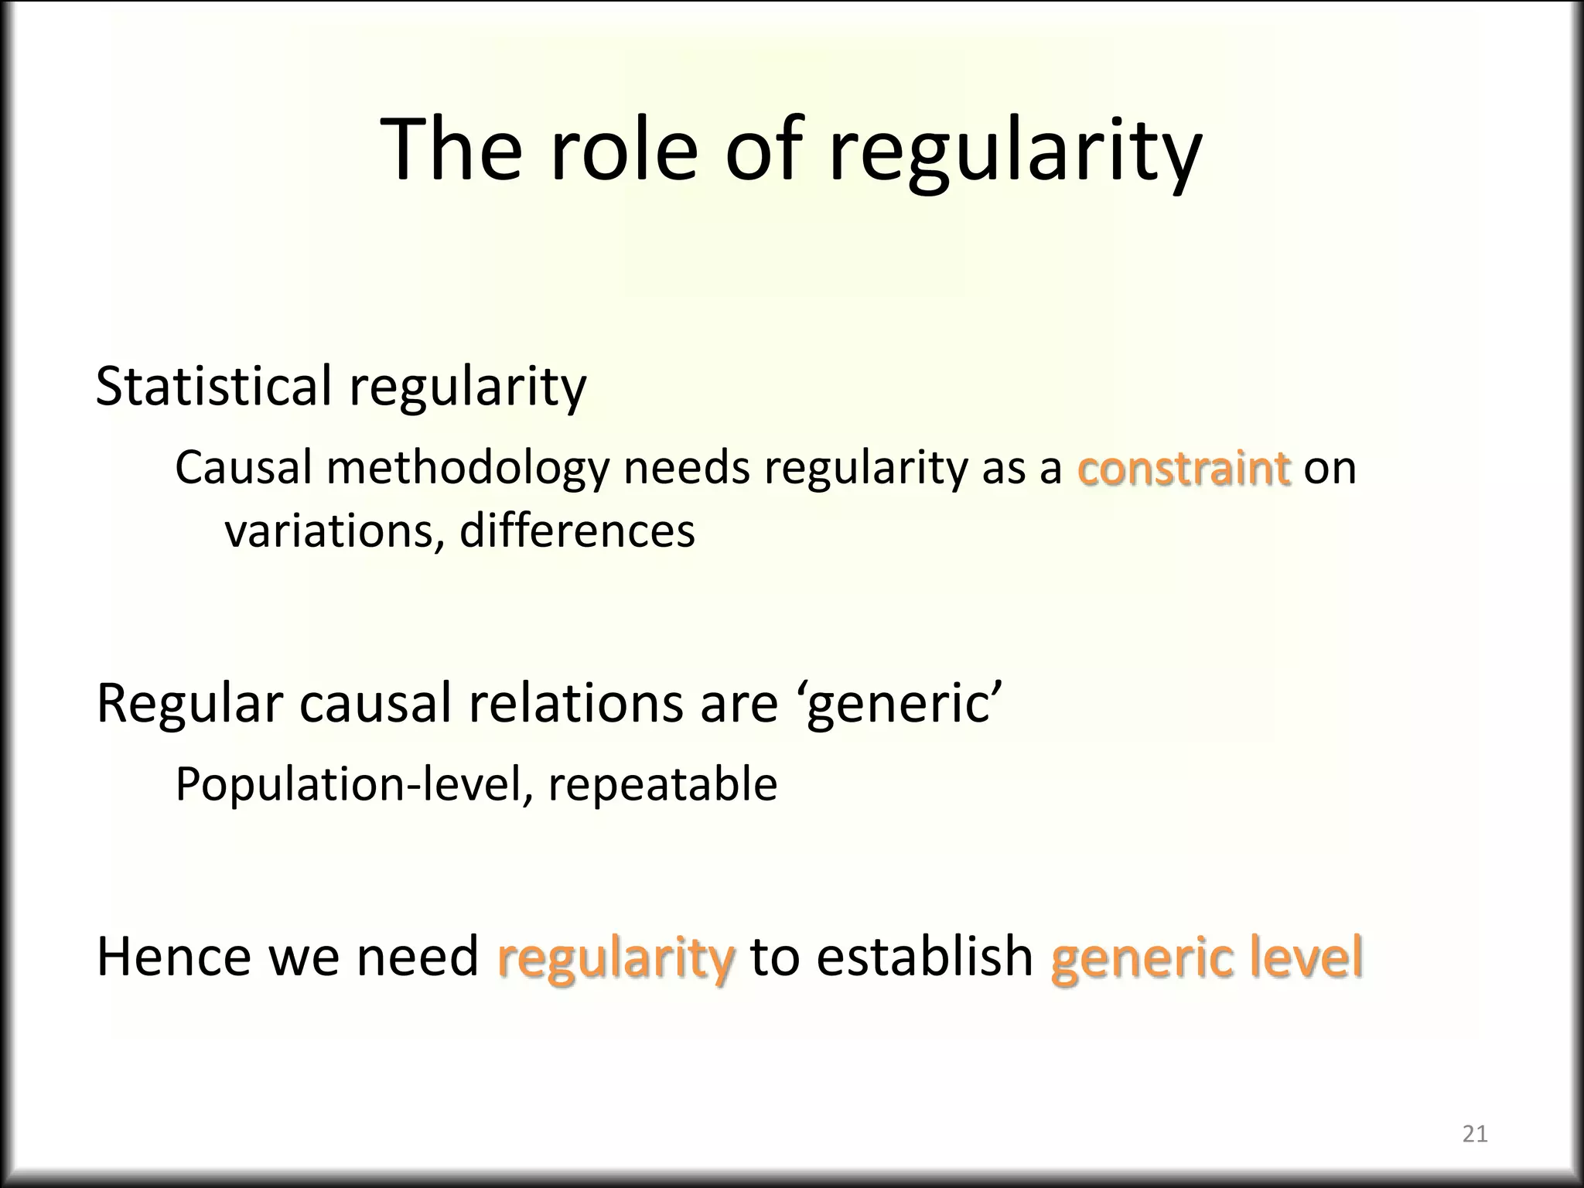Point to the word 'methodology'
pyautogui.click(x=468, y=469)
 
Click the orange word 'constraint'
pyautogui.click(x=1183, y=469)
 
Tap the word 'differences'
pyautogui.click(x=577, y=532)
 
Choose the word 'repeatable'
pyautogui.click(x=662, y=785)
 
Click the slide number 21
pyautogui.click(x=1475, y=1135)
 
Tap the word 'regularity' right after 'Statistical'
pyautogui.click(x=468, y=387)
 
